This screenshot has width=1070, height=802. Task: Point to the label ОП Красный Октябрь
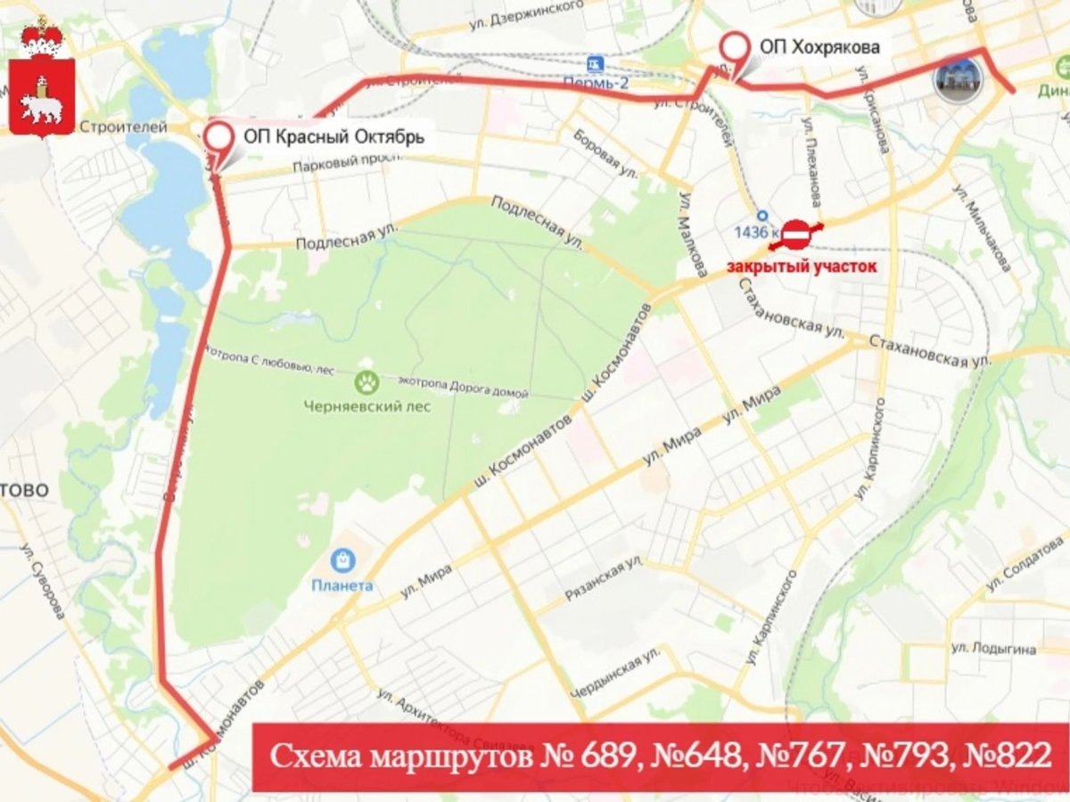click(x=334, y=137)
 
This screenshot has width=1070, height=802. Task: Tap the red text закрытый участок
click(x=802, y=266)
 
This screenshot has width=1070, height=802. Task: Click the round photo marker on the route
click(x=959, y=79)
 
